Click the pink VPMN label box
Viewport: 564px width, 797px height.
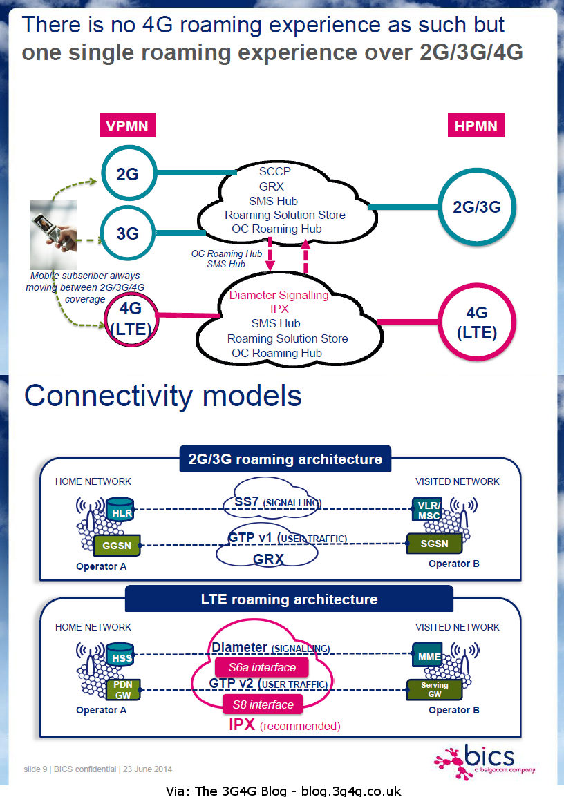127,126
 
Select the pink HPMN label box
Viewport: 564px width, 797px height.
476,126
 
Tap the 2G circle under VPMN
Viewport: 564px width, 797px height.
127,174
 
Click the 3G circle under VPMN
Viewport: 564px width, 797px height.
127,233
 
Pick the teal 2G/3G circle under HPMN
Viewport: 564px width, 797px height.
476,207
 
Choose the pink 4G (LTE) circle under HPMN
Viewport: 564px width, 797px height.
476,322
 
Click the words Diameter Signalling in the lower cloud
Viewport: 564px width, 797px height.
279,295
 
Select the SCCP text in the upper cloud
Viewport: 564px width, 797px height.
274,171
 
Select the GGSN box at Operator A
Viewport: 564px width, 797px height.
117,544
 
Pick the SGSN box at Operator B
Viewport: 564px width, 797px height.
434,544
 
